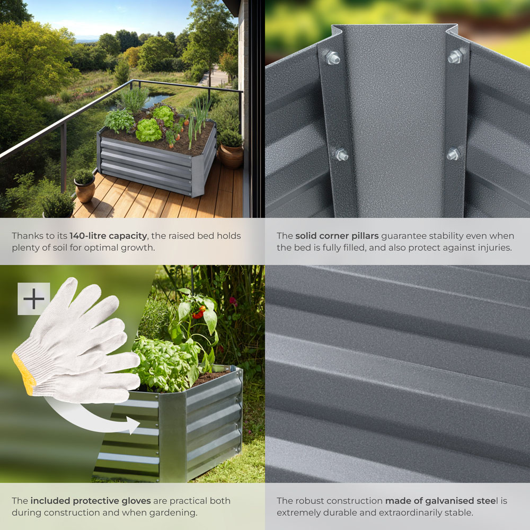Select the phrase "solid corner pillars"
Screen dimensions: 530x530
(x=337, y=236)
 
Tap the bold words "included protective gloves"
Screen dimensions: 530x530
(x=91, y=500)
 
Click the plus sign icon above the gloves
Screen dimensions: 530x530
(x=33, y=299)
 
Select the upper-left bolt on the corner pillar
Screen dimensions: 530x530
(x=332, y=57)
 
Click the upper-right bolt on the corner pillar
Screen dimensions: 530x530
(x=455, y=56)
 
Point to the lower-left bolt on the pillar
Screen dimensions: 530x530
(x=341, y=155)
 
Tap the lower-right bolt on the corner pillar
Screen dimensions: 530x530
(x=453, y=154)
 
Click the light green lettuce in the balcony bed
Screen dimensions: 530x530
(x=148, y=130)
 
